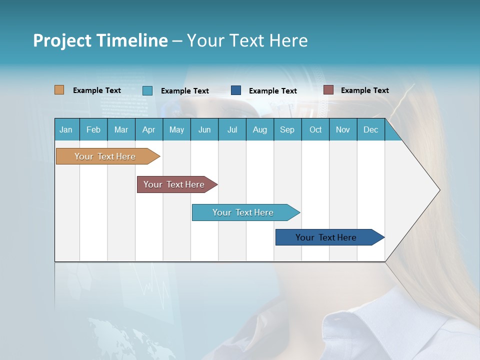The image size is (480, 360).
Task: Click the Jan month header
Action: point(66,129)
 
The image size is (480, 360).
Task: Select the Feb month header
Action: point(93,129)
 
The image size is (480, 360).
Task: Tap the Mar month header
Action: point(121,129)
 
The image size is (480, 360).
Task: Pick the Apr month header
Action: point(149,129)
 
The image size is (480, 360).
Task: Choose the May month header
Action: point(176,129)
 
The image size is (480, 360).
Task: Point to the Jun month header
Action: point(204,129)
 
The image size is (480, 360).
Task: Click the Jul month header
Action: point(232,129)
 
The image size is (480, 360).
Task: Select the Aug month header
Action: point(260,129)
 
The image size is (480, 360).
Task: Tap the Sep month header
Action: point(287,129)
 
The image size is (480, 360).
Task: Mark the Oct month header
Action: point(315,129)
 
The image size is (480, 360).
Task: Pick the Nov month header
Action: point(343,129)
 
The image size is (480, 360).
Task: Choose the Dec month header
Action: point(371,129)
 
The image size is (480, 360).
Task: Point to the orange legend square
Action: point(59,90)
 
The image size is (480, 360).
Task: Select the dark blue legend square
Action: point(236,90)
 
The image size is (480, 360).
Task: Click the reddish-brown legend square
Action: point(328,90)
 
